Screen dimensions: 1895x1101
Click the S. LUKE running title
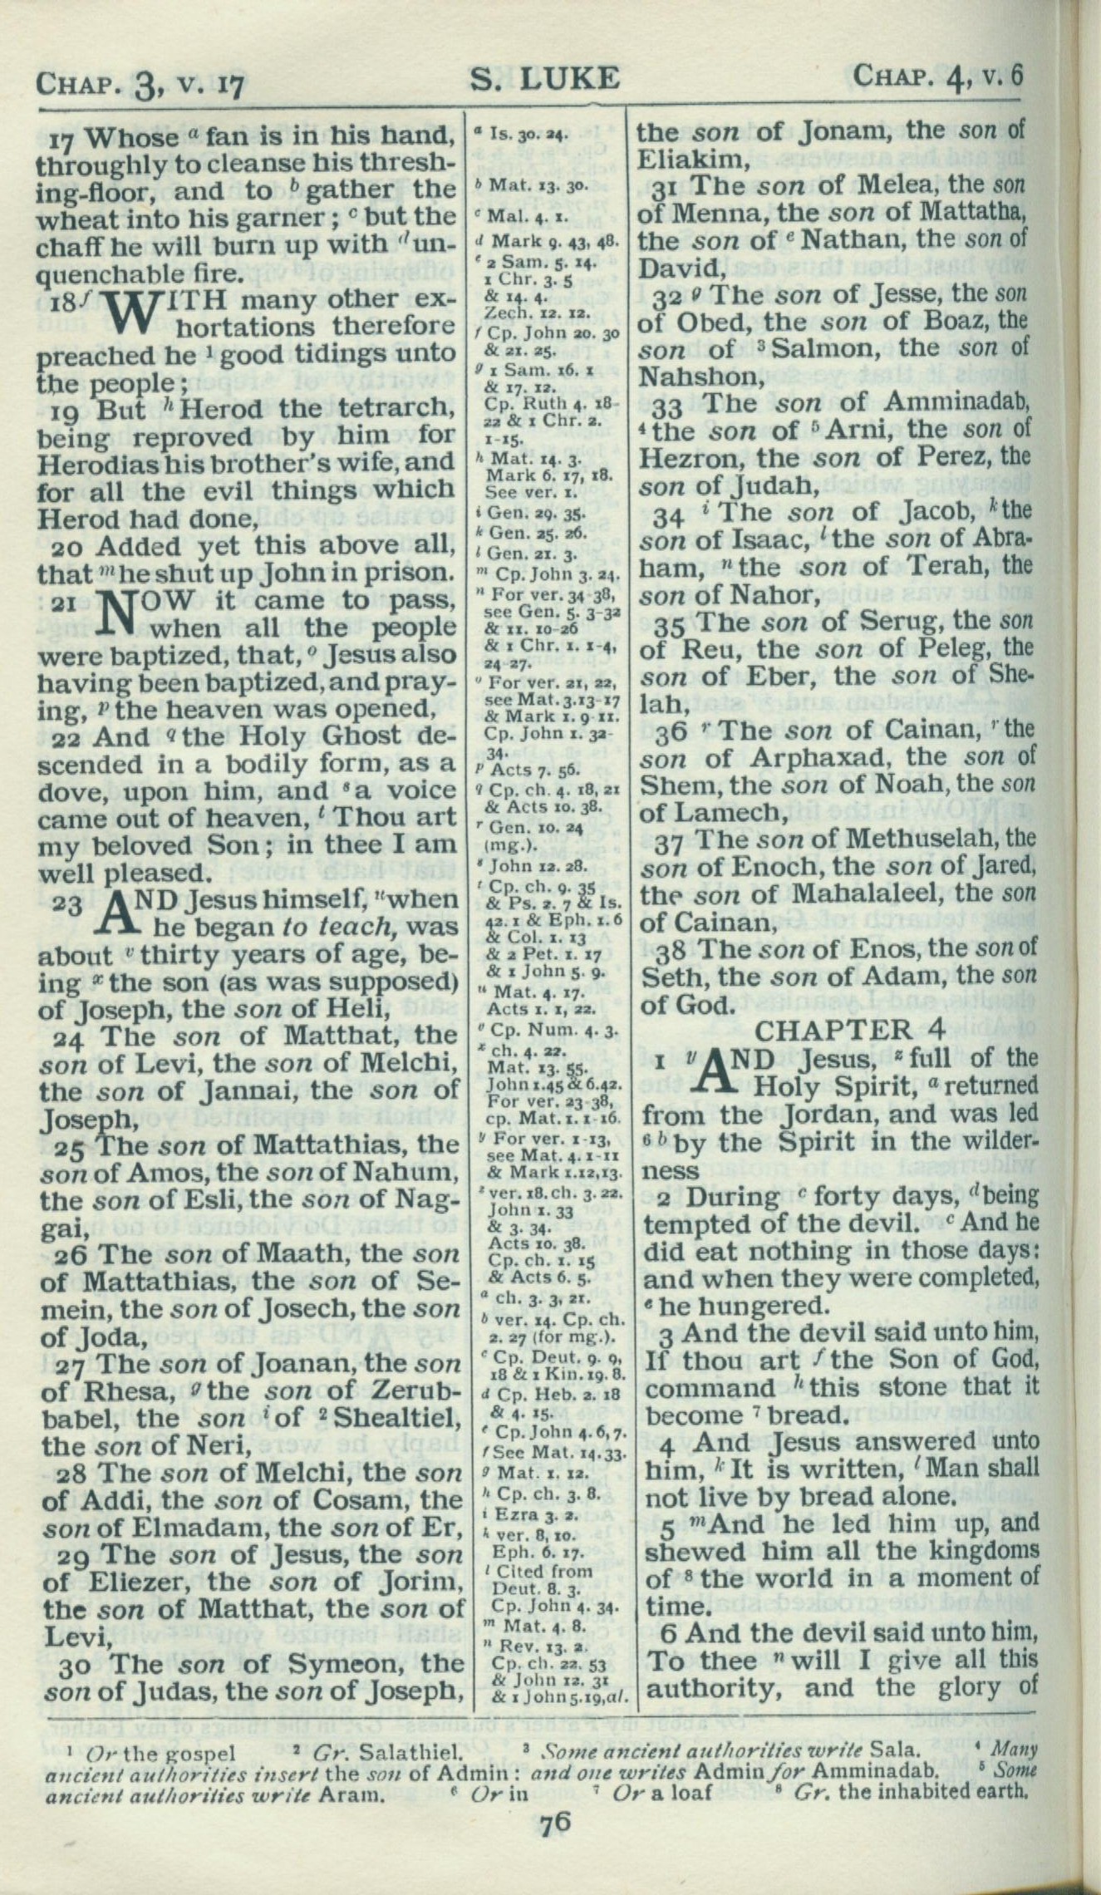(x=545, y=78)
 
